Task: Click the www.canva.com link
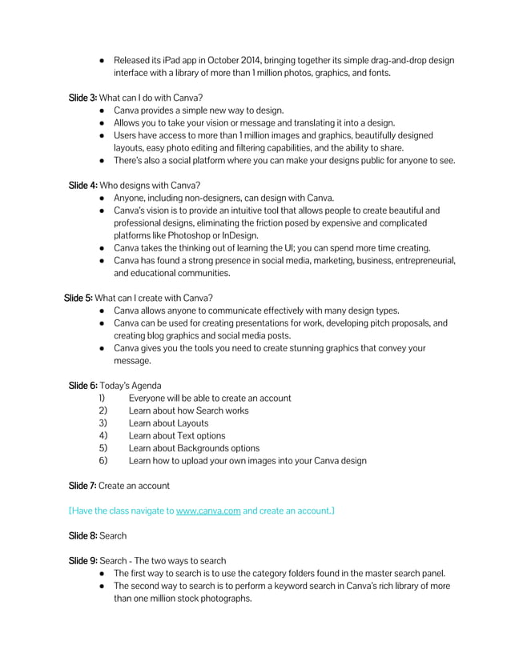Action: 208,510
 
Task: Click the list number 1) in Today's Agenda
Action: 102,398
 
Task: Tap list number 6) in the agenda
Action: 103,461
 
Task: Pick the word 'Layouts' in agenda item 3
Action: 191,423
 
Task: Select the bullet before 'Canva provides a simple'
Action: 103,110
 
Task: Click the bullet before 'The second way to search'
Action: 103,586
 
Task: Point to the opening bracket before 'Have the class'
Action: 70,510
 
